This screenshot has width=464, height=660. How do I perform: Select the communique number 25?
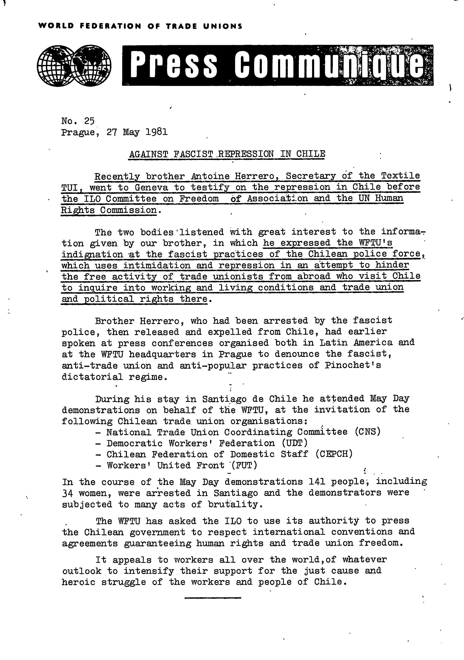click(x=89, y=121)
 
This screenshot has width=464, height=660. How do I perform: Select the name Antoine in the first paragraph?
click(x=210, y=176)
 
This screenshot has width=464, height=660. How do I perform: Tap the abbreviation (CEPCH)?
click(x=334, y=454)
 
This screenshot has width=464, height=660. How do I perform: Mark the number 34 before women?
click(x=68, y=493)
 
